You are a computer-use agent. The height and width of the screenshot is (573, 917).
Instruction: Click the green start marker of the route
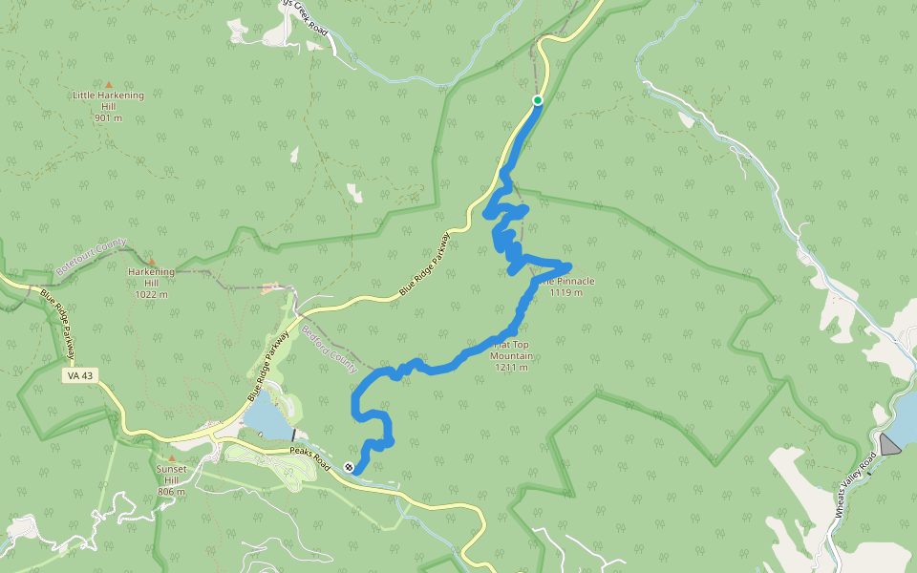(x=538, y=100)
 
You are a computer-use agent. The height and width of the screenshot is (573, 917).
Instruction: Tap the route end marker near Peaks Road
(x=349, y=467)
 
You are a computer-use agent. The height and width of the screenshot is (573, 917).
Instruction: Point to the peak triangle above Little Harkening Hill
(x=108, y=85)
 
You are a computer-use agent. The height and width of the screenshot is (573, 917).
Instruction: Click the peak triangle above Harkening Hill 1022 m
(x=151, y=261)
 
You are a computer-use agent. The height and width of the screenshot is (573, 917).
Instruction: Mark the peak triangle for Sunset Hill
(x=173, y=458)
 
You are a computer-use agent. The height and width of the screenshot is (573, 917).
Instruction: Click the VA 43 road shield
(x=81, y=375)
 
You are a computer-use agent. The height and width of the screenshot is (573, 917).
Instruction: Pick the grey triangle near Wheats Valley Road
(x=889, y=444)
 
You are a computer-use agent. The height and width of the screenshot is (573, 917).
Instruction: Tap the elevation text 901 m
(x=108, y=118)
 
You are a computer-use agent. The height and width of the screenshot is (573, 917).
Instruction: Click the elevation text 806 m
(x=173, y=493)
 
